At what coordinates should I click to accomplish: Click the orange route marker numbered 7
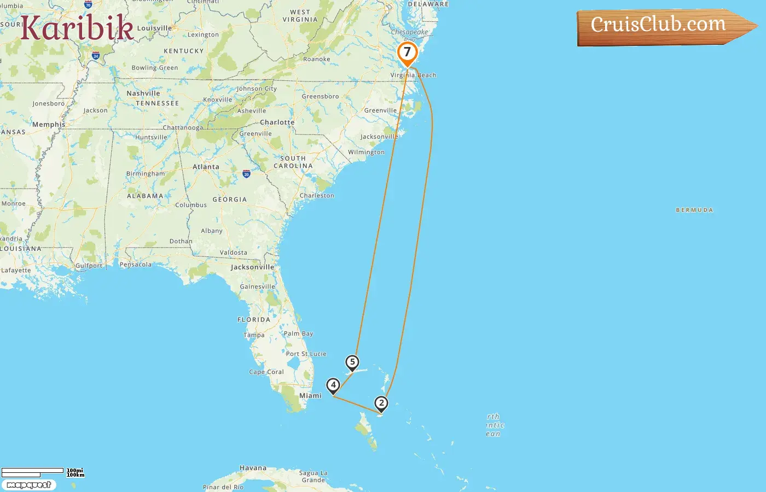407,53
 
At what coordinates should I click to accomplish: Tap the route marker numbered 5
352,362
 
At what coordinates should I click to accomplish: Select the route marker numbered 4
333,385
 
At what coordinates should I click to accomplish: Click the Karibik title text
77,28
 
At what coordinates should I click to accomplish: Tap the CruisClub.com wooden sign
662,26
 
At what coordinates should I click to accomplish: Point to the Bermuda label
694,210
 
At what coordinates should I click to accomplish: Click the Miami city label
310,395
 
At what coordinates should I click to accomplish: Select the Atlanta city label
206,167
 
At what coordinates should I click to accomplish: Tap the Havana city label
253,468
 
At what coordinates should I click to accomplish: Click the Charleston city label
317,195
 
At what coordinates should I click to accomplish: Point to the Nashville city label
143,93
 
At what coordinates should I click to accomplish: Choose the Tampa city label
254,335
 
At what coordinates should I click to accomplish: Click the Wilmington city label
366,152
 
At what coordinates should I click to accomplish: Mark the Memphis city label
49,125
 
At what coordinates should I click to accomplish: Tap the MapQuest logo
28,485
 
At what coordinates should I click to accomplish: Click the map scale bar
33,472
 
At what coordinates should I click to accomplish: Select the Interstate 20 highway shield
246,174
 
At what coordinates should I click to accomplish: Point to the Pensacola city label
136,265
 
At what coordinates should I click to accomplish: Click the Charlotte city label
277,122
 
